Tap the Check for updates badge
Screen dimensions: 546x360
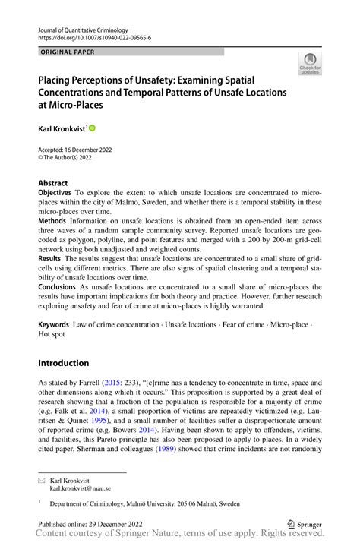(310, 65)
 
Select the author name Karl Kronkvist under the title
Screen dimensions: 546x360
(63, 130)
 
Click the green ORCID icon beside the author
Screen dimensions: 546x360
(93, 130)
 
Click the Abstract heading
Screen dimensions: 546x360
(53, 183)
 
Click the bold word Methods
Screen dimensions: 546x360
(52, 220)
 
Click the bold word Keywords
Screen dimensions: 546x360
(53, 325)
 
